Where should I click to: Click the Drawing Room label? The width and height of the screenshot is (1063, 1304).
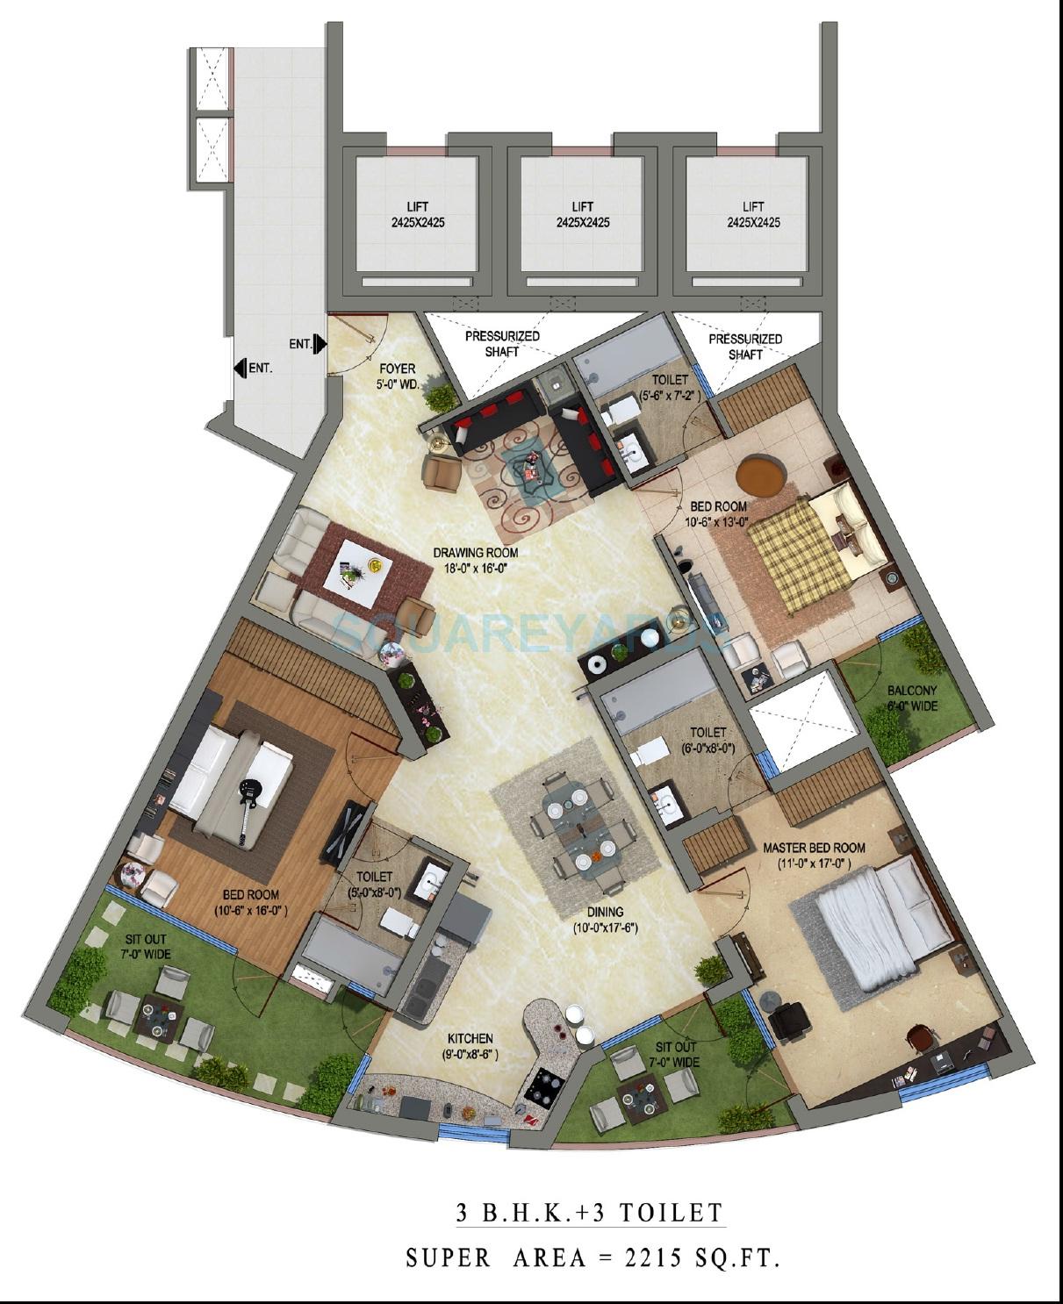(x=475, y=560)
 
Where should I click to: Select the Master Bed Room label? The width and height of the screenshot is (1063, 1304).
(x=814, y=855)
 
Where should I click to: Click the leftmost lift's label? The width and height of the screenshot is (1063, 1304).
(x=418, y=216)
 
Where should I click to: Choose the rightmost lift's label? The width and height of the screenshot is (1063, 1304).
(x=752, y=215)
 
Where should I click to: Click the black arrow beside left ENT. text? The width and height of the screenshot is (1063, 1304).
(x=240, y=369)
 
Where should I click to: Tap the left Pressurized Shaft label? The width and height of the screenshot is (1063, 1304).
(x=502, y=343)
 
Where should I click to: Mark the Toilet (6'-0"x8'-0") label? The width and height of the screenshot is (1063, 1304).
(x=707, y=740)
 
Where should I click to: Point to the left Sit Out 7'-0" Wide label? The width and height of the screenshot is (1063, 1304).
(x=146, y=947)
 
